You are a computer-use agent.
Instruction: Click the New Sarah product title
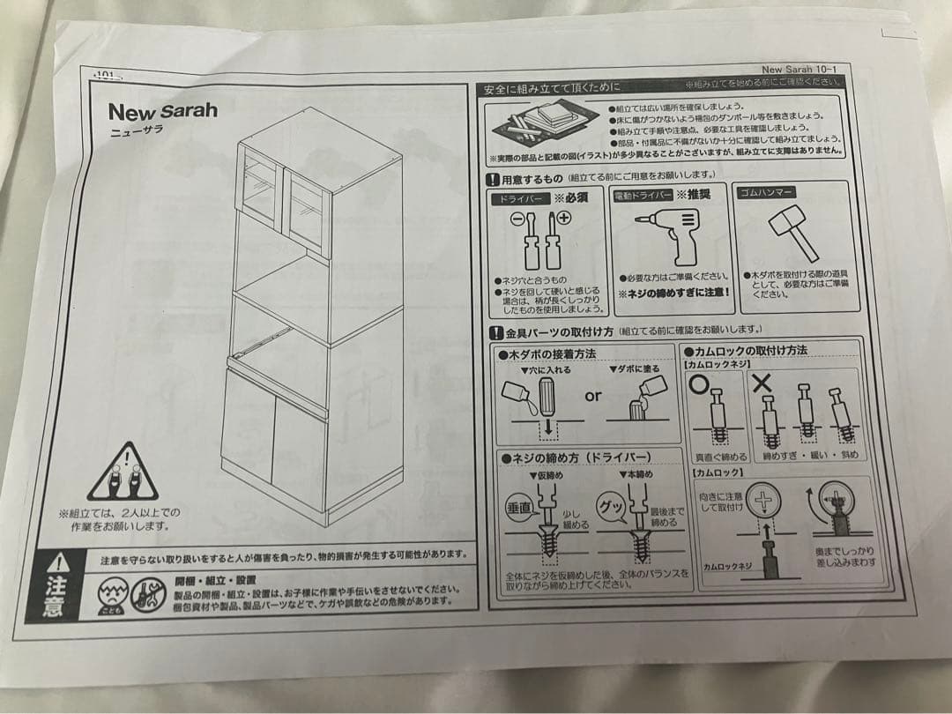point(162,112)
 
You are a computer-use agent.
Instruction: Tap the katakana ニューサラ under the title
point(136,130)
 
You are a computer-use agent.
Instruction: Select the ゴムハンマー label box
point(772,192)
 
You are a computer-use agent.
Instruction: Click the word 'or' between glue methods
point(593,396)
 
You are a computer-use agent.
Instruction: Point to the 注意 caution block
point(56,584)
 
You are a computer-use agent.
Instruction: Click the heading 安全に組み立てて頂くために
point(551,87)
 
